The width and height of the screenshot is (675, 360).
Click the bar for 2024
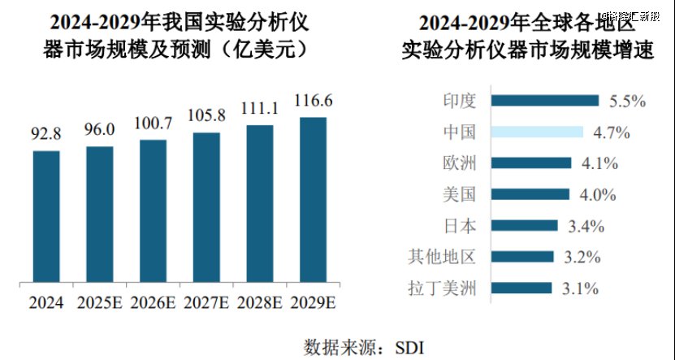coord(46,218)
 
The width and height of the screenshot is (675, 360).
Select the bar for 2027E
coord(206,209)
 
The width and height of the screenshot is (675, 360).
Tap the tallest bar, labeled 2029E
coord(314,202)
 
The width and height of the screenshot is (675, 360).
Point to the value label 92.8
coord(46,135)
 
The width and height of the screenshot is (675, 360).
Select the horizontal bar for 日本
coord(525,226)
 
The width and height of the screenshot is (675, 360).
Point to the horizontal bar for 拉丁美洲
coord(521,288)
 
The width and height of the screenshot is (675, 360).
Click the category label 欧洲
coord(459,163)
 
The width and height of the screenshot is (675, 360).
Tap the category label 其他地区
coord(441,258)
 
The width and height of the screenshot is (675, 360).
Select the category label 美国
coord(459,195)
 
